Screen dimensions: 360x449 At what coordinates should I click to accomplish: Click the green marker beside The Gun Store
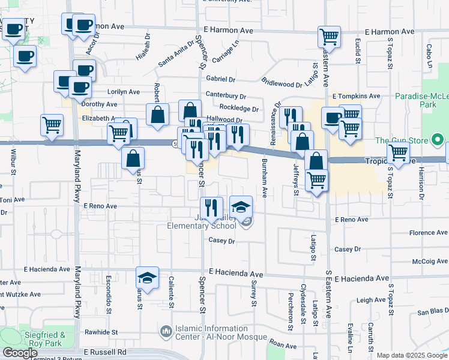tap(438, 141)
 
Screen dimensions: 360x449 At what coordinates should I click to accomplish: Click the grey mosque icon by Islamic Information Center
tap(166, 331)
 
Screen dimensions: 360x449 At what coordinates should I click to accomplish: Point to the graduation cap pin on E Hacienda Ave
tap(147, 278)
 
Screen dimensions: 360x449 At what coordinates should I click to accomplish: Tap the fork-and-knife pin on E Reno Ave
tap(211, 208)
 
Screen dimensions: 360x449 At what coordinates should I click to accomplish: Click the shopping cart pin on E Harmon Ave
tap(329, 37)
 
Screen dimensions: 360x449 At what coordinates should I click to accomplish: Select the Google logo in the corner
tap(20, 353)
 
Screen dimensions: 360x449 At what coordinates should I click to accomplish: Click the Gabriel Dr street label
tap(220, 79)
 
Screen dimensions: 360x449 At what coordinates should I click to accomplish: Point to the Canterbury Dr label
tap(226, 95)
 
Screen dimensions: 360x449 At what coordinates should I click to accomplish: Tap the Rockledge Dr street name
tap(238, 109)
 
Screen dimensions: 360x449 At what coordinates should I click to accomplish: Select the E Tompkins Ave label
tap(356, 95)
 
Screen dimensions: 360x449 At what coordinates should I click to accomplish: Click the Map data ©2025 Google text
tap(411, 355)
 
